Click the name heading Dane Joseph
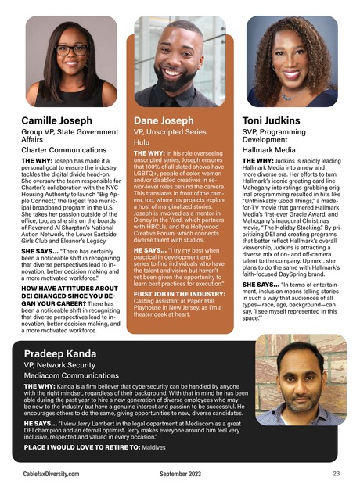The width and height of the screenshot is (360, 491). point(164,121)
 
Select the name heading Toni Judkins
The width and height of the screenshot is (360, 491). point(272,121)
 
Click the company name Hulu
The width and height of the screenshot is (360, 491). point(142,144)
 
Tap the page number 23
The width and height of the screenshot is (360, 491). point(336,474)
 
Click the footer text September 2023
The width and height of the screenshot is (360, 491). point(180,475)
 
